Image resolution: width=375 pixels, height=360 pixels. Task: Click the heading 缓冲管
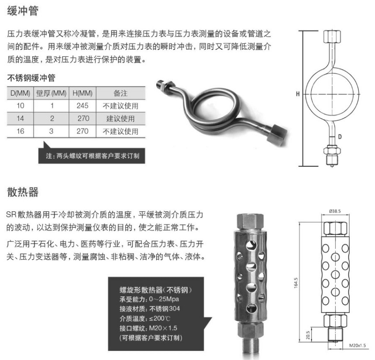[x=23, y=11]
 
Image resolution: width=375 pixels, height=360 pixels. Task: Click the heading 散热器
[x=23, y=192]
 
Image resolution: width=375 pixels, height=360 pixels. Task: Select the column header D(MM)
[x=21, y=93]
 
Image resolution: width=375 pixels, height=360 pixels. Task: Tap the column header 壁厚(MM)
[x=51, y=93]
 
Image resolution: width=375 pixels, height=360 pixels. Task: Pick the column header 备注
[x=120, y=93]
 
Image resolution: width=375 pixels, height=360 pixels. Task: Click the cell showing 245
[x=83, y=106]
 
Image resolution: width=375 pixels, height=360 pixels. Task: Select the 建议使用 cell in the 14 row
[x=120, y=119]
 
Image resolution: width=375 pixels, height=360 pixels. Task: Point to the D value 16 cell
[x=21, y=131]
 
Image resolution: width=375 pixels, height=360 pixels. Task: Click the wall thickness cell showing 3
[x=51, y=131]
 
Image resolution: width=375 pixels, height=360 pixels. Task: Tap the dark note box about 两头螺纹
[x=92, y=156]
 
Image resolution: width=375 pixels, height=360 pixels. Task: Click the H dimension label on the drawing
[x=298, y=94]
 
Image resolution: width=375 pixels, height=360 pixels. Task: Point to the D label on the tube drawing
[x=340, y=137]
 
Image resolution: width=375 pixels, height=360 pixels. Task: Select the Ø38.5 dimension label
[x=335, y=211]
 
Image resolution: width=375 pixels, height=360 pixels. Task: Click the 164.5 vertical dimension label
[x=296, y=283]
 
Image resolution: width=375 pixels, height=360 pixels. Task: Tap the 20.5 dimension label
[x=308, y=335]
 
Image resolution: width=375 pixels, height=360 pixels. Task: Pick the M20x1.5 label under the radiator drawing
[x=358, y=346]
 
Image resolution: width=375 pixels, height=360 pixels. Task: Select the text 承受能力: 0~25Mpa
[x=149, y=299]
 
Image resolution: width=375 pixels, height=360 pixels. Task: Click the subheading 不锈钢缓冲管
[x=31, y=78]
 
